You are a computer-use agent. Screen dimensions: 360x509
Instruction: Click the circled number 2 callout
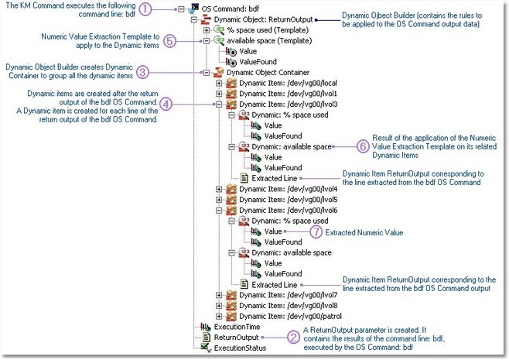point(293,337)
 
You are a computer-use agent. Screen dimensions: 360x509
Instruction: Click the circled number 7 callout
point(315,231)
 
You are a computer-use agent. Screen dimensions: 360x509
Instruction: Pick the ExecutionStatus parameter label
point(240,348)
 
